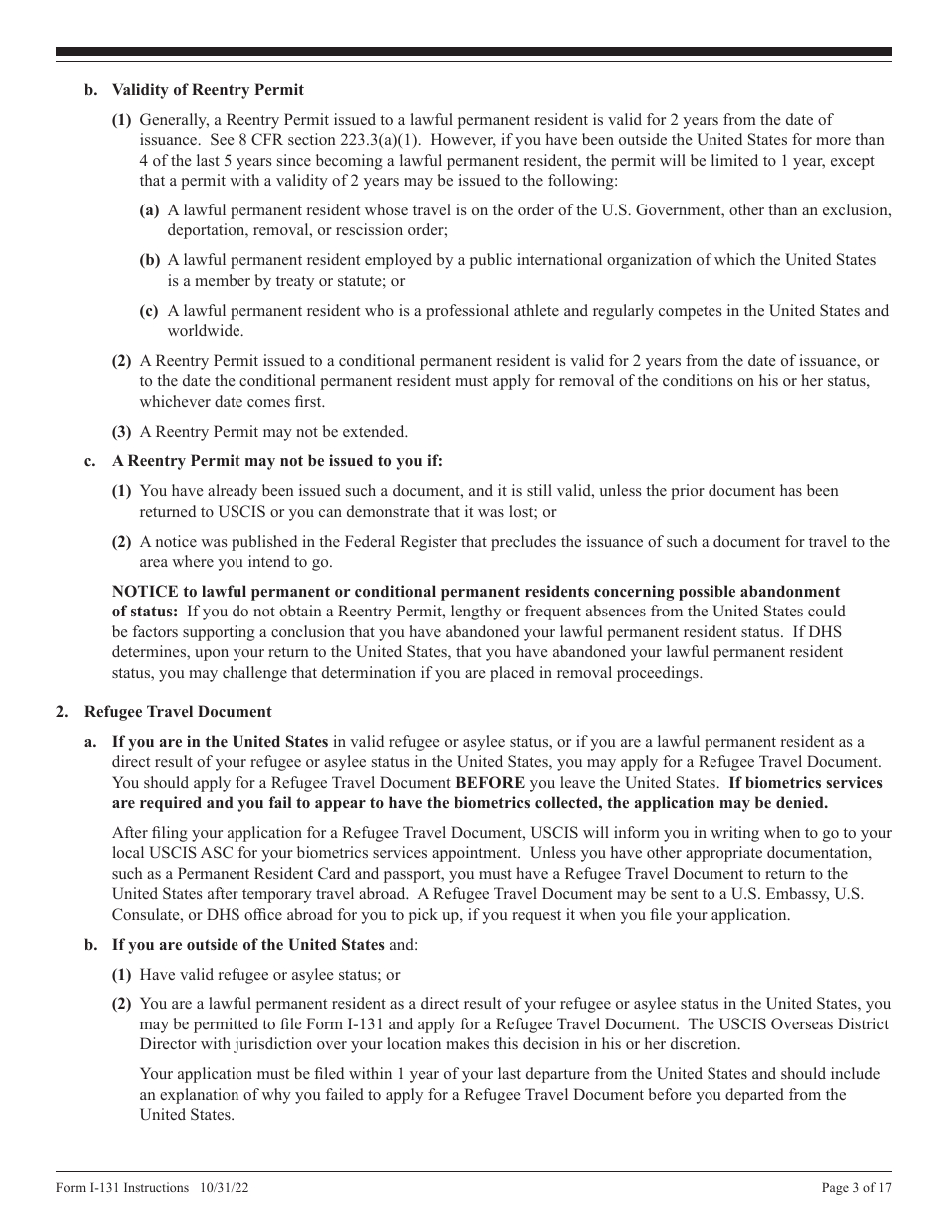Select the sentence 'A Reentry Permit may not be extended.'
(273, 432)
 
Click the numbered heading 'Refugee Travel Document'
(178, 712)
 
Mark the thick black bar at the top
(474, 52)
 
